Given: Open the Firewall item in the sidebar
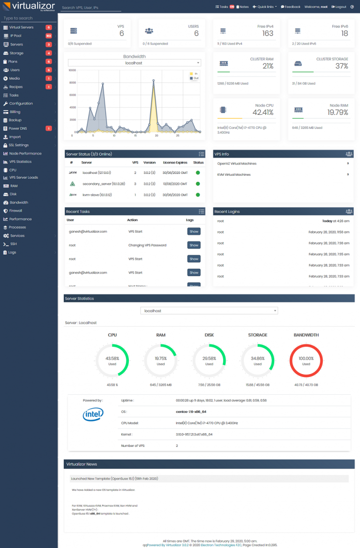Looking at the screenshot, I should click(x=15, y=211).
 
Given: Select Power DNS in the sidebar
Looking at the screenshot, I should click(x=18, y=128).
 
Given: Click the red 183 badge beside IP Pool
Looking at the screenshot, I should click(x=49, y=36).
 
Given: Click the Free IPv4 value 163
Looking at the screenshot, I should click(x=268, y=33).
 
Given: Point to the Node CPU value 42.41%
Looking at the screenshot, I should click(x=260, y=113).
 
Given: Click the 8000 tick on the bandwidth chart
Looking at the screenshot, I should click(x=72, y=83).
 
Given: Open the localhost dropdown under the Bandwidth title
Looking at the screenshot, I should click(x=134, y=63).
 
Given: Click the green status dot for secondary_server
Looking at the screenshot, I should click(x=198, y=184).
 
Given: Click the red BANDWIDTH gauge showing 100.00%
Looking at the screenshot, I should click(x=306, y=360).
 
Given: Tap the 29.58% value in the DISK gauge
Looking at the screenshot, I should click(x=209, y=358).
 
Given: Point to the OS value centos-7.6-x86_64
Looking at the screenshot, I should click(x=191, y=412).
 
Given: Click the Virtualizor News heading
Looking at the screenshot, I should click(x=82, y=464).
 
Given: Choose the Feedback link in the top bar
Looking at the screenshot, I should click(x=291, y=7).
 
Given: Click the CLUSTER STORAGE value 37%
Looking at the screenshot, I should click(x=342, y=66).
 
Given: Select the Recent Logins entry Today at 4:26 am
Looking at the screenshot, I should click(x=333, y=221).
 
